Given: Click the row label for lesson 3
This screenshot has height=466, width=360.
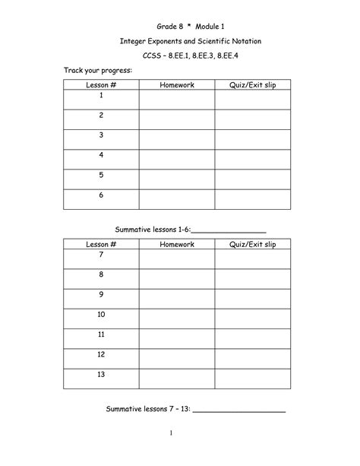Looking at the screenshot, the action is coord(100,135).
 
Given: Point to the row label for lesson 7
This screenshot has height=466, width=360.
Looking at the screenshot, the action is coord(100,255).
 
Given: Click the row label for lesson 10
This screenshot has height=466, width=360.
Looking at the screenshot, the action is coord(100,314).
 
